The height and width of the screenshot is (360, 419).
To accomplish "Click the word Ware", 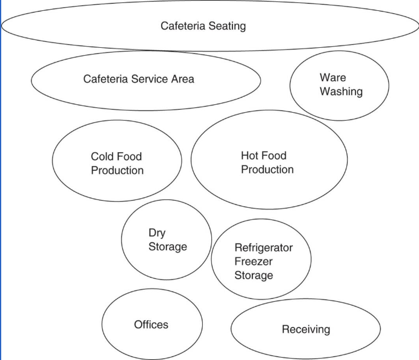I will [x=332, y=78].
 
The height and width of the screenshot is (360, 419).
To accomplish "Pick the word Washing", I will [x=341, y=92].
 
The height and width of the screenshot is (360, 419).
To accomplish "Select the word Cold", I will [x=103, y=157].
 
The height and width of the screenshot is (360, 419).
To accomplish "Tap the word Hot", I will [x=250, y=156].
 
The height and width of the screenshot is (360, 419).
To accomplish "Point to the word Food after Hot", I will [x=274, y=156].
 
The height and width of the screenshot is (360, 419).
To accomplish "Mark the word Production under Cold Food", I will [x=117, y=171].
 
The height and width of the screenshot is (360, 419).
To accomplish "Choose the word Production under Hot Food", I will [x=267, y=170].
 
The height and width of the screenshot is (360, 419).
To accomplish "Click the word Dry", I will [x=157, y=233].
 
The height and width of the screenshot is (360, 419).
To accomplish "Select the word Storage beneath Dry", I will [x=168, y=247].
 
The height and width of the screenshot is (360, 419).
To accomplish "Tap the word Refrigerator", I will [x=263, y=248].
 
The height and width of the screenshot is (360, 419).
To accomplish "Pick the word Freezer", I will [x=253, y=262].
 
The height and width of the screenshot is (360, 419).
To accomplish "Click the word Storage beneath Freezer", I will [x=254, y=276].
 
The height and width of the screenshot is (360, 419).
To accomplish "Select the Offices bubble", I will [x=151, y=325].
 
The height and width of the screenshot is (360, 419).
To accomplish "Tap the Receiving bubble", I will [x=306, y=329].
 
